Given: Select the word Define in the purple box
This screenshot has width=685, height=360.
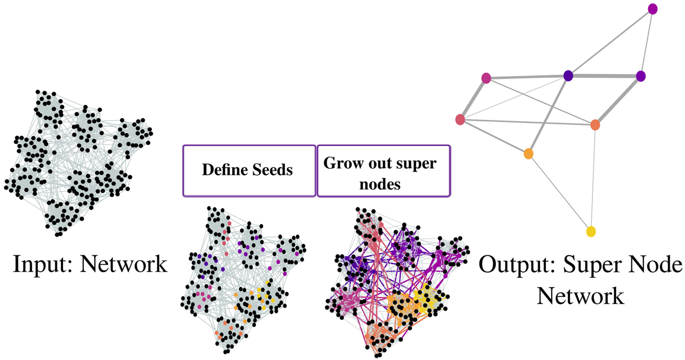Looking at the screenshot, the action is (x=223, y=170).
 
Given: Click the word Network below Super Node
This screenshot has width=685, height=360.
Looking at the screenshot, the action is (x=580, y=296).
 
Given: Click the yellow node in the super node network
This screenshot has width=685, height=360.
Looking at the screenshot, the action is (x=591, y=231).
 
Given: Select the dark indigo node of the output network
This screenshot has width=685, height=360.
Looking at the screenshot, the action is (x=568, y=76).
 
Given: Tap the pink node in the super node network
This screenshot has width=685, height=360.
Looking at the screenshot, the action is (x=486, y=78).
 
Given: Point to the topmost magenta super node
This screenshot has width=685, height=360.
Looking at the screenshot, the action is (x=653, y=9).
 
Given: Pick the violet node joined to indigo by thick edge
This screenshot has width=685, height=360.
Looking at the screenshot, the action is (x=641, y=77).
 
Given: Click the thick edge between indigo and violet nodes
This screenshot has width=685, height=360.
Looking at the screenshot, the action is (x=604, y=76).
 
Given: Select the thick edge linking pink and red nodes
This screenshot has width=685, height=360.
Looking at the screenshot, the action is (x=473, y=99).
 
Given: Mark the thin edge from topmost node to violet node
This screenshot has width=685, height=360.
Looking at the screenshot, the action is (x=647, y=43).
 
